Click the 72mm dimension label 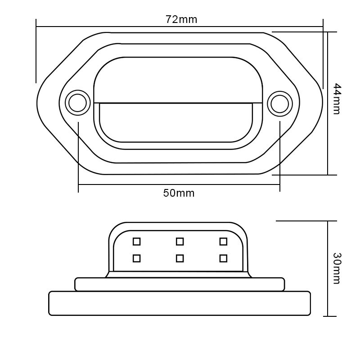pyautogui.click(x=181, y=19)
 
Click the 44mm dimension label pyautogui.click(x=337, y=99)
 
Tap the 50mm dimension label pyautogui.click(x=179, y=193)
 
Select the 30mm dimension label pyautogui.click(x=337, y=268)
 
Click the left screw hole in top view pyautogui.click(x=77, y=103)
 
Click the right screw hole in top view pyautogui.click(x=280, y=103)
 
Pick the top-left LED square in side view pyautogui.click(x=137, y=242)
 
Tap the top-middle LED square pyautogui.click(x=180, y=242)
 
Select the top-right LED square pyautogui.click(x=223, y=242)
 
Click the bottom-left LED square pyautogui.click(x=137, y=258)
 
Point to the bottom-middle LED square pyautogui.click(x=180, y=258)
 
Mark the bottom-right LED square pyautogui.click(x=223, y=258)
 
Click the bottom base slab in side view pyautogui.click(x=180, y=303)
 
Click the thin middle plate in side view pyautogui.click(x=180, y=284)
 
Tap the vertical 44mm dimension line pyautogui.click(x=328, y=135)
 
